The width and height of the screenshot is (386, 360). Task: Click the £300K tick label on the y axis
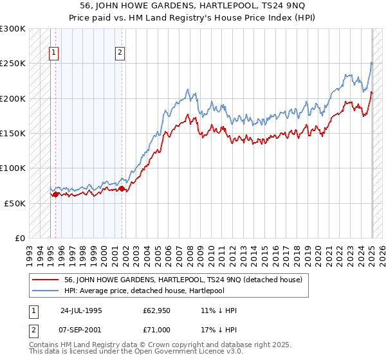click(x=12, y=29)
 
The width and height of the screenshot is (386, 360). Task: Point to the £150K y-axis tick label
click(x=12, y=134)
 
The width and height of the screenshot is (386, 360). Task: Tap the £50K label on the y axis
click(x=15, y=203)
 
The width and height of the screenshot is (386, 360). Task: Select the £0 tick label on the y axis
click(x=19, y=238)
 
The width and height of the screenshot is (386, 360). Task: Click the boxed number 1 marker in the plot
click(x=53, y=53)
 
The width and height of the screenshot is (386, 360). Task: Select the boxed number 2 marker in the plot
click(x=120, y=53)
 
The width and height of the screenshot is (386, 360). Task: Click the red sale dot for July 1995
click(x=56, y=194)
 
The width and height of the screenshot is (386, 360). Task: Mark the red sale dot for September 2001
click(x=122, y=188)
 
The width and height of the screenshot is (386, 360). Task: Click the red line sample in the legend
click(x=47, y=280)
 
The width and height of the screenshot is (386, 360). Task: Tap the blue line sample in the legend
click(x=47, y=291)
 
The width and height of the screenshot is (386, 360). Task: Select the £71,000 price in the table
click(x=157, y=329)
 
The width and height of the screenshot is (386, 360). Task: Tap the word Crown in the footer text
click(x=143, y=345)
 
